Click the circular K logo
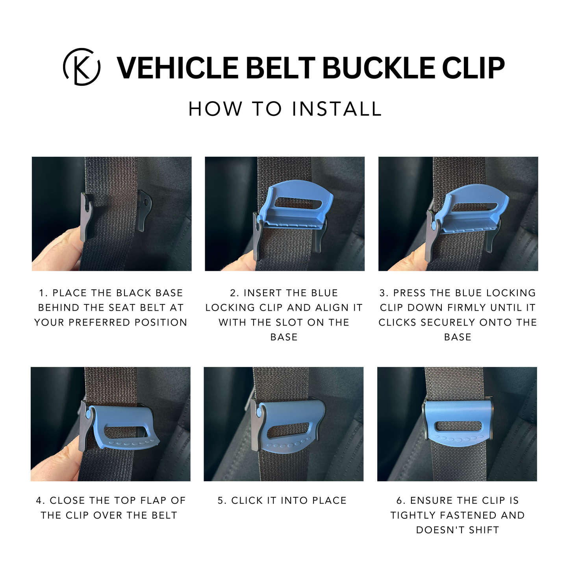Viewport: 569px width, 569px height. click(81, 67)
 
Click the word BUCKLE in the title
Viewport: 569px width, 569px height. click(378, 68)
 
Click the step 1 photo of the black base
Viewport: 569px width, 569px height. click(111, 214)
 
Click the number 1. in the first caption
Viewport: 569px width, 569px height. click(43, 293)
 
